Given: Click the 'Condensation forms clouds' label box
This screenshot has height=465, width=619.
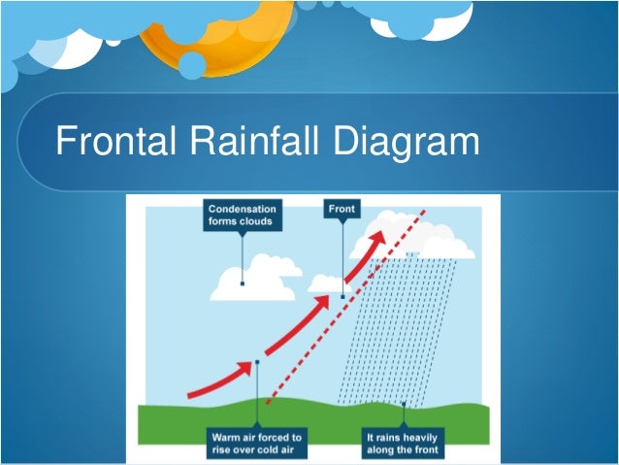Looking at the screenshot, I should click(x=242, y=215).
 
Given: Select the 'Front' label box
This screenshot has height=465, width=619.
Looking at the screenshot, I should click(x=342, y=209).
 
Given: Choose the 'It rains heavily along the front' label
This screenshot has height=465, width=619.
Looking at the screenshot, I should click(x=403, y=444).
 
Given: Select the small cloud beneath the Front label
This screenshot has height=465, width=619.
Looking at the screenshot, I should click(x=327, y=283).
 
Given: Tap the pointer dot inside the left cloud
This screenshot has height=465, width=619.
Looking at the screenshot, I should click(x=243, y=283).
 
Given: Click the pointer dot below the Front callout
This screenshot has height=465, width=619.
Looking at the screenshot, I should click(x=342, y=296).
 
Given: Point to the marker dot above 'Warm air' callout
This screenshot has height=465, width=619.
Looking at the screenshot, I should click(x=256, y=362).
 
